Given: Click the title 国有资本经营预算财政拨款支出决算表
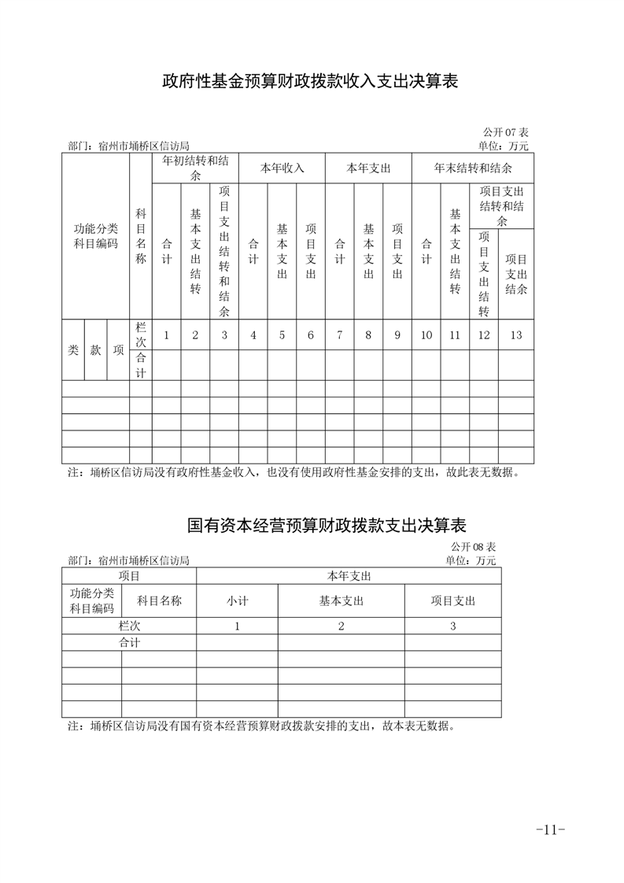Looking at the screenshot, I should pos(327,524).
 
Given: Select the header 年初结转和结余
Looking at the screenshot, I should pos(195,168).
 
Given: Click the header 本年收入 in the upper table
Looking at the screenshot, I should pos(282,168).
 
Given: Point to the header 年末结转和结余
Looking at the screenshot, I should pos(473,168).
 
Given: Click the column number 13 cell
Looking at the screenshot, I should pos(515,335).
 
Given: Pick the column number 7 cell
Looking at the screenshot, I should pos(339,335).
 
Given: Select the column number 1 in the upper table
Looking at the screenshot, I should pos(166,335).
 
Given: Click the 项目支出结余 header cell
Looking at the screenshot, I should pos(515,273).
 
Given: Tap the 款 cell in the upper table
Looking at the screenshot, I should pos(95,351).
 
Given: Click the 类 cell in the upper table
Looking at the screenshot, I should pos(73,351).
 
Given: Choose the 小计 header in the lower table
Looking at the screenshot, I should pos(237,600).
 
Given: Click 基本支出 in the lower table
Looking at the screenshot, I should pos(341,600).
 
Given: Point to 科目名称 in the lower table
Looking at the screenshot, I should pos(159,600).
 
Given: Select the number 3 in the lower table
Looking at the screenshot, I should pos(452,626).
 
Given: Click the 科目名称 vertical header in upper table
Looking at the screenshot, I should pos(141,235).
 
